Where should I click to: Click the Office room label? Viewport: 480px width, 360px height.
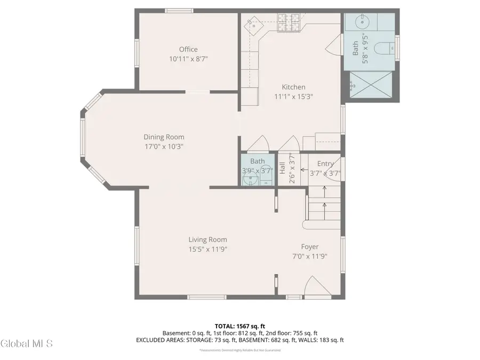(188, 50)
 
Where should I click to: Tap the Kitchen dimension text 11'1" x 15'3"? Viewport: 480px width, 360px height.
(293, 97)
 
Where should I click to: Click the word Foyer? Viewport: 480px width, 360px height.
(310, 246)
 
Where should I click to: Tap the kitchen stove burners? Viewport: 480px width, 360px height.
(289, 22)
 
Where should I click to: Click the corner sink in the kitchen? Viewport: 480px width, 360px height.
(254, 24)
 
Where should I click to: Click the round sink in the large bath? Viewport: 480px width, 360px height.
(360, 22)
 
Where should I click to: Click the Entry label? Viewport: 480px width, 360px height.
(325, 164)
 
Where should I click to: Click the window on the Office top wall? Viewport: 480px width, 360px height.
(179, 11)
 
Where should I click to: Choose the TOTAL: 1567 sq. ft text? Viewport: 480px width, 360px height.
(239, 325)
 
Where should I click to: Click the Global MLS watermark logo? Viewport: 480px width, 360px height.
(27, 343)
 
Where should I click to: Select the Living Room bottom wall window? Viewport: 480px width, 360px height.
(207, 297)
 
